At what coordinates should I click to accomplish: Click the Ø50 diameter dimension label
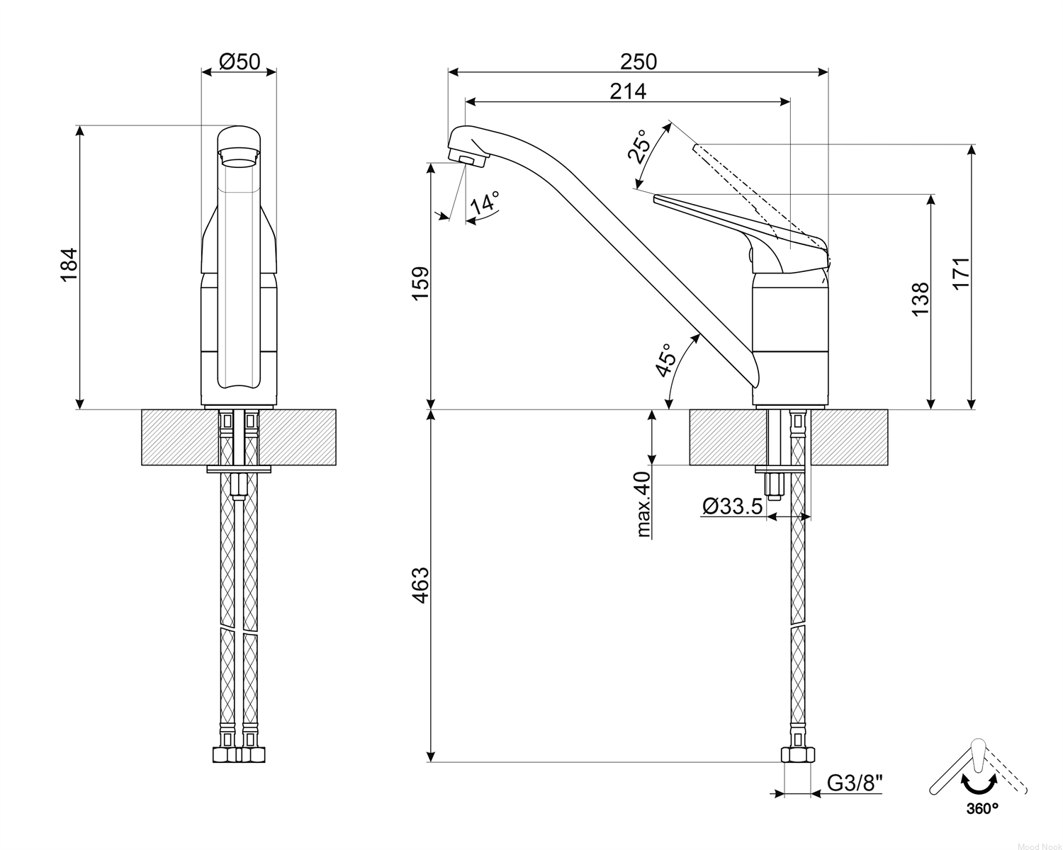point(240,62)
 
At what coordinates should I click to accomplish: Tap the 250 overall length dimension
point(639,62)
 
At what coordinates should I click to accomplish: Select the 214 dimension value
point(628,91)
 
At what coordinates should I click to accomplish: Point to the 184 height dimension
point(69,265)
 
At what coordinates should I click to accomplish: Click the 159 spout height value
point(421,283)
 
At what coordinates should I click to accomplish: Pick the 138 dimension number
point(921,300)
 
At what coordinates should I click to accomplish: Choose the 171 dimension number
point(961,273)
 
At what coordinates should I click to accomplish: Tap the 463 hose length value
point(421,585)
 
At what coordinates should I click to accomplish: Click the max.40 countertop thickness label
point(643,504)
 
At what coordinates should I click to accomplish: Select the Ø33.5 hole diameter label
point(733,506)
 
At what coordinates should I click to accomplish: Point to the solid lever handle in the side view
point(741,232)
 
